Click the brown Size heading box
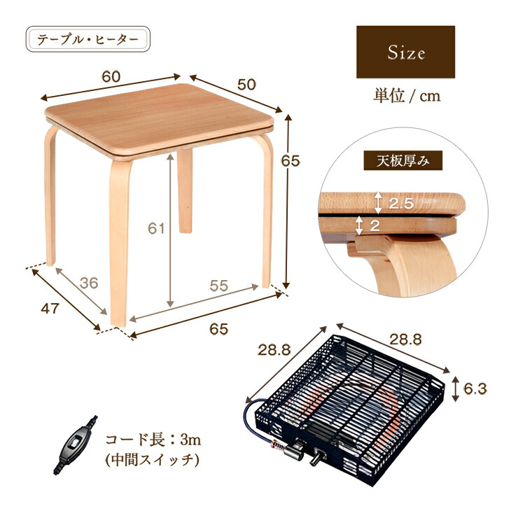coord(405,52)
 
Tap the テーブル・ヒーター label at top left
coord(88,39)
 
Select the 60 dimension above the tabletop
coord(111,77)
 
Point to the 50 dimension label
coord(246,85)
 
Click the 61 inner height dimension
coord(156,228)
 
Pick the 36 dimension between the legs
coord(89,283)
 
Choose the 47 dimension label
coord(50,308)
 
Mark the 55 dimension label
coord(218,286)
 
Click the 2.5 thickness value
coord(401,204)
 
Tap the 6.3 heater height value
coord(475,388)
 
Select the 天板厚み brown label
coord(402,160)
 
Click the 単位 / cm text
coord(407,96)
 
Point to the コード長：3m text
coord(153,440)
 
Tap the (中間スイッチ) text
coord(152,460)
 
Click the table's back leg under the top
coord(185,190)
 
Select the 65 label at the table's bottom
coord(218,329)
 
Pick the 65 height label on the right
coord(290,161)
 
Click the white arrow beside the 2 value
coord(359,225)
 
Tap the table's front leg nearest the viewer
coord(120,241)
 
